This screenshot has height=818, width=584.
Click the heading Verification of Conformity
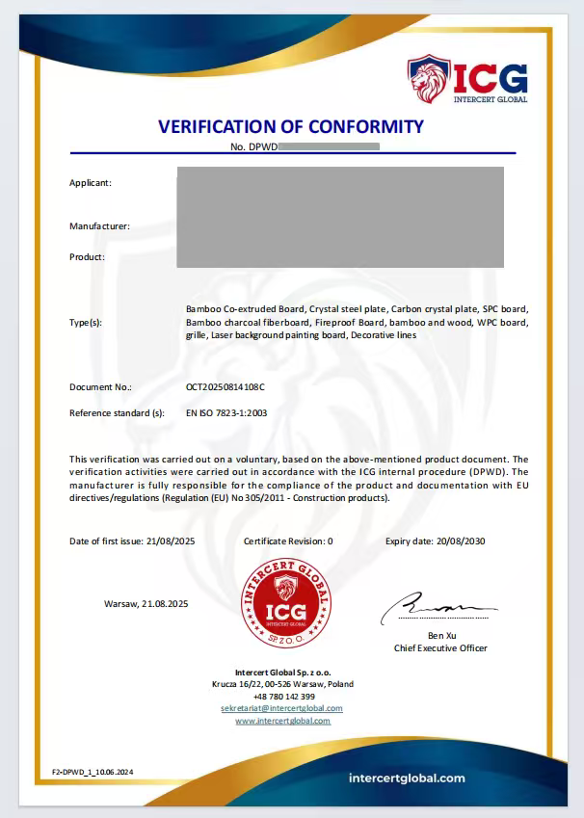tap(291, 126)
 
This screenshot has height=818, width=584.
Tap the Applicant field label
tap(91, 182)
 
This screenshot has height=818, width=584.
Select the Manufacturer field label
tap(99, 226)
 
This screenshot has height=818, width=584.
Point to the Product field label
tap(87, 257)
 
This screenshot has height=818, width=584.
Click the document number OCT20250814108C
tap(225, 386)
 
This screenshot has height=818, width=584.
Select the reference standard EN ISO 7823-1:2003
tap(226, 412)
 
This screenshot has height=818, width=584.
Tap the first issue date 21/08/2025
tap(164, 541)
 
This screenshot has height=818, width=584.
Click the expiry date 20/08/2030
tap(460, 541)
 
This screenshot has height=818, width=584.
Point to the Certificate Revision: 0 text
tap(288, 541)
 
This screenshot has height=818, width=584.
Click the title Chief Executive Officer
tap(440, 648)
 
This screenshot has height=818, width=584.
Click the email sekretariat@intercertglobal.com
tap(281, 708)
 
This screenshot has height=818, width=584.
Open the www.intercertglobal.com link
tap(282, 721)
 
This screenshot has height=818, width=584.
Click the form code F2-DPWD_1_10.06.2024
tap(93, 772)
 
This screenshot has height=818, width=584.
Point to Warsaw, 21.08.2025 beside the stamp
tap(146, 603)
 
